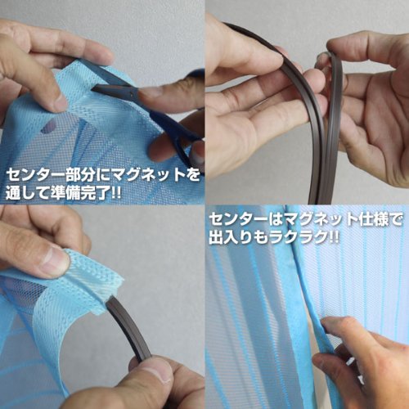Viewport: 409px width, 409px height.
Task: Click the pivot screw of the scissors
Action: (133, 95)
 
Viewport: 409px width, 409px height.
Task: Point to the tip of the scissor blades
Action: (92, 88)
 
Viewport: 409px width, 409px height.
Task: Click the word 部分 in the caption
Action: (79, 175)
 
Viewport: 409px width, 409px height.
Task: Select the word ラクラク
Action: (300, 237)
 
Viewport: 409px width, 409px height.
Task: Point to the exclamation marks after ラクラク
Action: (333, 237)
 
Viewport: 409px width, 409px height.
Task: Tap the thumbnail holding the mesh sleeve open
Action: (55, 260)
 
